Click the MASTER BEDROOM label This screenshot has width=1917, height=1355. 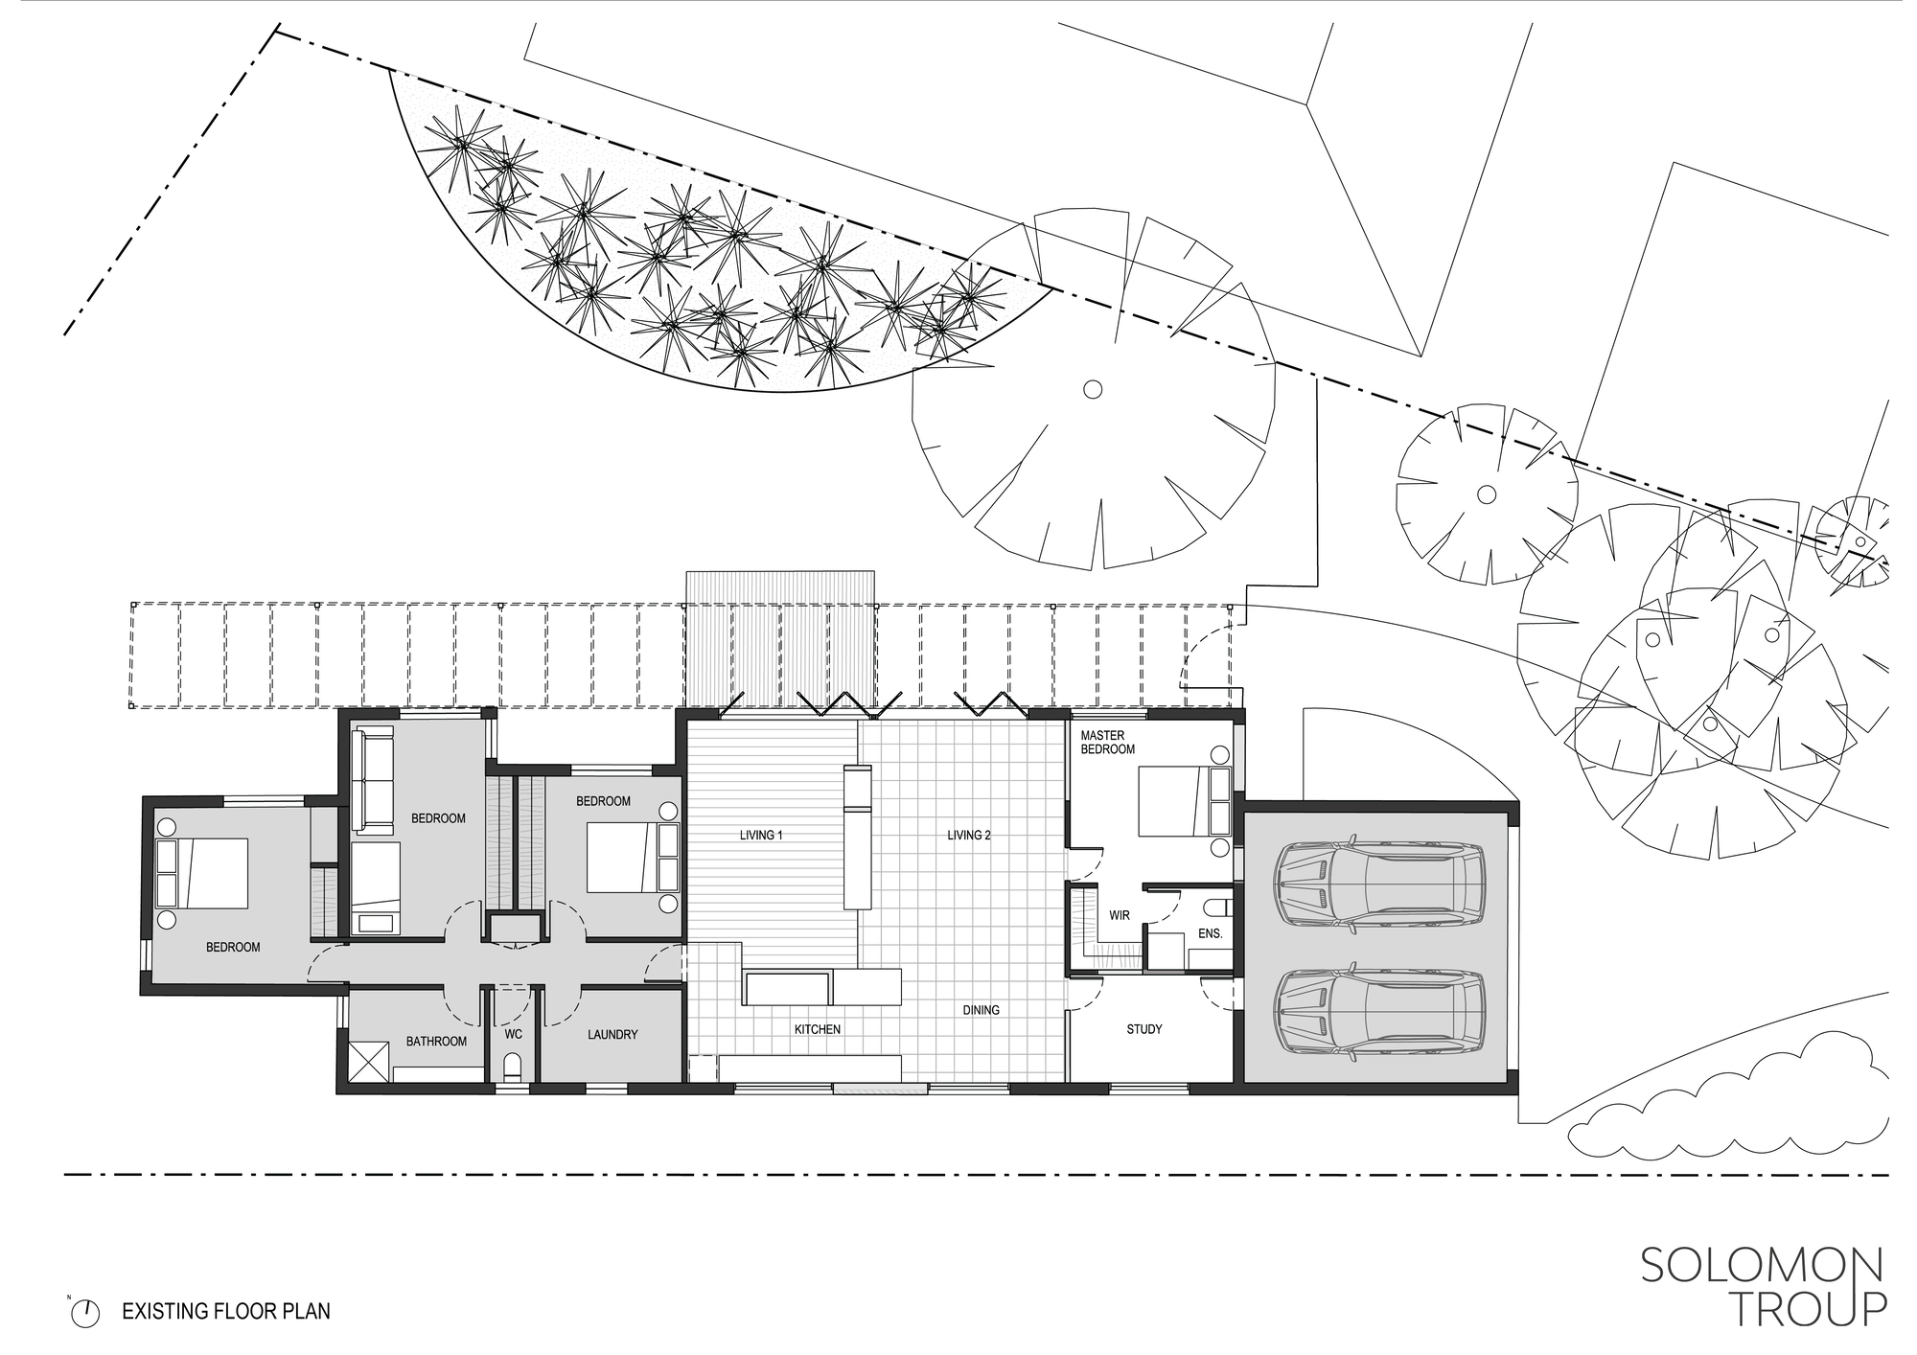point(1107,743)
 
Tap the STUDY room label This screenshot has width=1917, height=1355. point(1143,1029)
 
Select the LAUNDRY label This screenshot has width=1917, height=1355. point(612,1035)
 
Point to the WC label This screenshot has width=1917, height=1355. point(513,1035)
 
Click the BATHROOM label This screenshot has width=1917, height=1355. point(436,1041)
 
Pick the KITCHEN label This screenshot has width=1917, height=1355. point(817,1029)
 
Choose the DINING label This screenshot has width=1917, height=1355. point(981,1010)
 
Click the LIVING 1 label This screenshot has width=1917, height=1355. point(761,836)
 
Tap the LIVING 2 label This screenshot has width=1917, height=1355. point(969,836)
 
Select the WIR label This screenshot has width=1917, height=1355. point(1120,915)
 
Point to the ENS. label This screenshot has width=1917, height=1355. point(1210,932)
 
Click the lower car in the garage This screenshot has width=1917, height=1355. point(1379,1014)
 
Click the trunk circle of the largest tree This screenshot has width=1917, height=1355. point(1092,389)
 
